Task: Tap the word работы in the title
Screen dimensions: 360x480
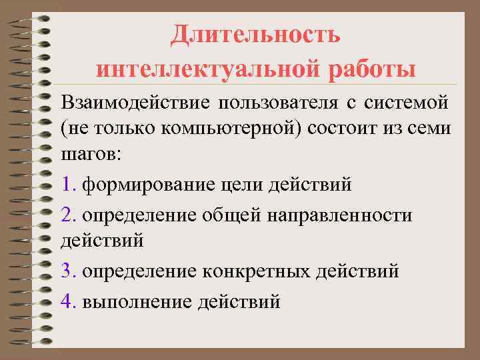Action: point(369,69)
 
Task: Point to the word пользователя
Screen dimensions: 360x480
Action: point(274,103)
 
